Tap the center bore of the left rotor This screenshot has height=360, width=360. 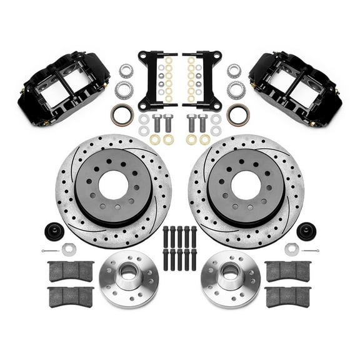tap(114, 186)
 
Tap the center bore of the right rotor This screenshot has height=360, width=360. tap(246, 186)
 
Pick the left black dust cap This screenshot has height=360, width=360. tap(54, 230)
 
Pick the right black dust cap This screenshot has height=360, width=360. tap(306, 230)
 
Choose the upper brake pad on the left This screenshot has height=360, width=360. tap(71, 271)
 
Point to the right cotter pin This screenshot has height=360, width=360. tap(309, 251)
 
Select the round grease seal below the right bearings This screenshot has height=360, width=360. tap(237, 114)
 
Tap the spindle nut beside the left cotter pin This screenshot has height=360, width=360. tap(69, 249)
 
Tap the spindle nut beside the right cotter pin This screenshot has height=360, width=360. tap(291, 249)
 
